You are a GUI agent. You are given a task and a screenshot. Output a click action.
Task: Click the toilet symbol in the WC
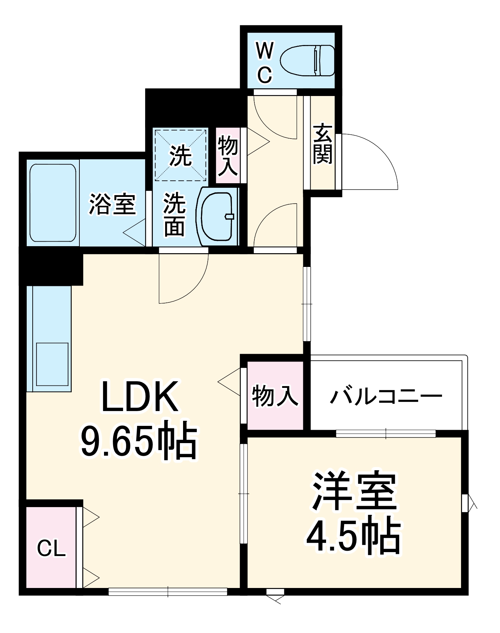pos(307,60)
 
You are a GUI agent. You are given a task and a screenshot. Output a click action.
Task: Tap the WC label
pos(265,63)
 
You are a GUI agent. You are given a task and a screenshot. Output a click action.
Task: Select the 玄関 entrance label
pos(323,144)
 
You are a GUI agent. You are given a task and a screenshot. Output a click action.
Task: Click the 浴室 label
pos(112,204)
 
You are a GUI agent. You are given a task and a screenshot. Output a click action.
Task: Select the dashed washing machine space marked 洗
pos(180,155)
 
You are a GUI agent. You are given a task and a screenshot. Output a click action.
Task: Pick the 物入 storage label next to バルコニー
pos(275,396)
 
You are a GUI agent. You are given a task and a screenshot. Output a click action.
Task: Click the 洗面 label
pos(174,214)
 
